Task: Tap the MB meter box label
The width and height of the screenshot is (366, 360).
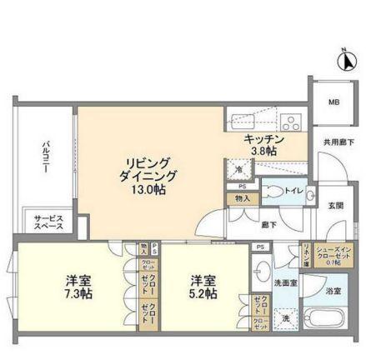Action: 333,103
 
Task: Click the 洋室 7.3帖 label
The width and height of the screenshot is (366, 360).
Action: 77,287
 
